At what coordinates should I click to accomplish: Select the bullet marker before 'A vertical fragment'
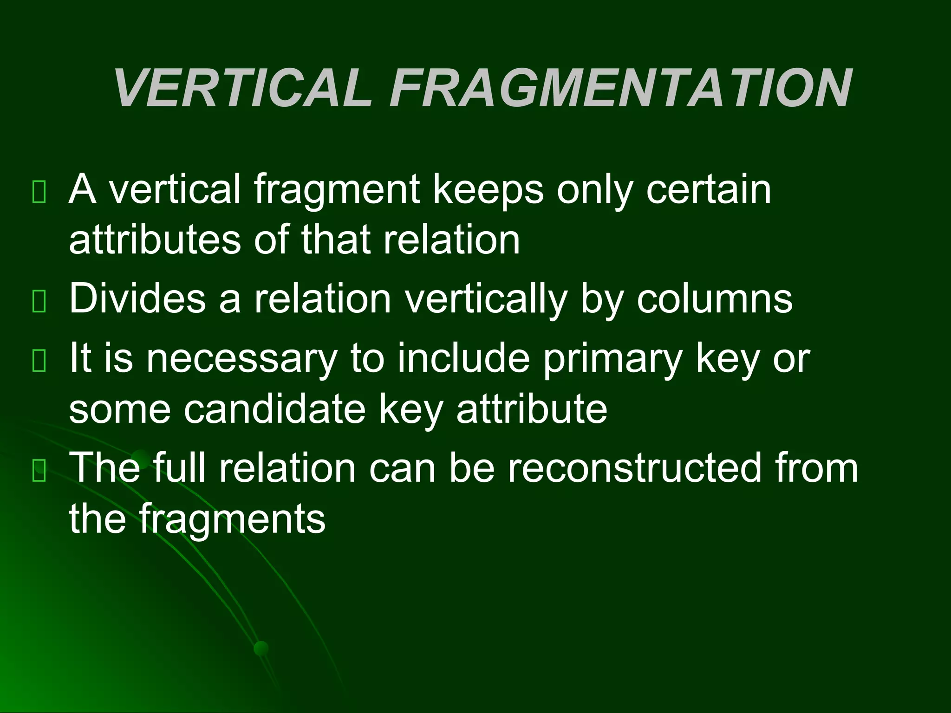39,192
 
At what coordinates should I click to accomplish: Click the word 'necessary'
241,359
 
